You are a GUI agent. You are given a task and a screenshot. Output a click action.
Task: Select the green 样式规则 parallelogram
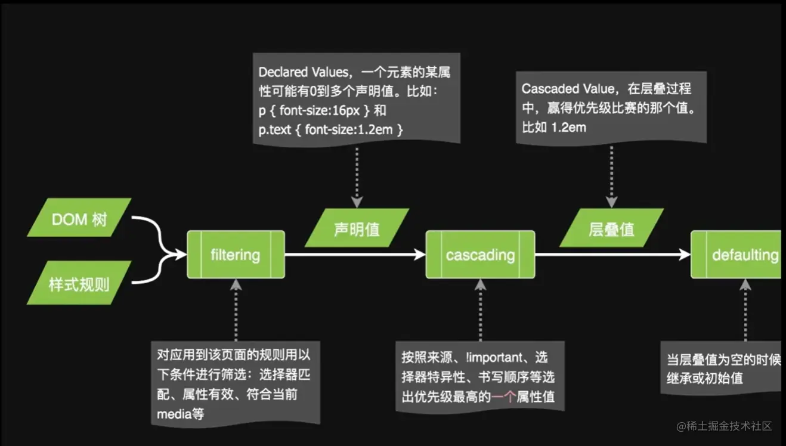click(79, 284)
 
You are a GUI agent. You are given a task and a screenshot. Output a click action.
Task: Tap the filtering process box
click(236, 255)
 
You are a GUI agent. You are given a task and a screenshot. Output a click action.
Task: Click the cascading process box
click(480, 255)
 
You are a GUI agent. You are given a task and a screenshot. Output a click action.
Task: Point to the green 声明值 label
click(357, 228)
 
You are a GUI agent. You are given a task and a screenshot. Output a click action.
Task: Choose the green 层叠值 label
click(611, 228)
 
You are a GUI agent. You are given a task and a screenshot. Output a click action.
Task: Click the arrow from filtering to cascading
click(355, 255)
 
